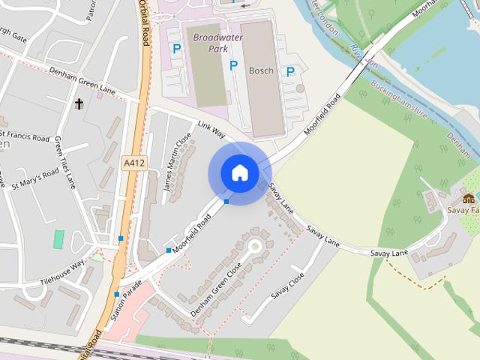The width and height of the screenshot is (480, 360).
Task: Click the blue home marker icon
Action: (x=239, y=173)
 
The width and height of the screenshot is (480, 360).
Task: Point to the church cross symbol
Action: (x=79, y=103)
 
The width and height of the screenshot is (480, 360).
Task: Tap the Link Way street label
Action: (x=211, y=128)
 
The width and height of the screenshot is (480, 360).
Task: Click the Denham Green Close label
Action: (x=216, y=289)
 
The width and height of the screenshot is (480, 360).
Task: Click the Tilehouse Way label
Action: (x=61, y=269)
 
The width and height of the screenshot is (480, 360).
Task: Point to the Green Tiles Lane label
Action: (x=66, y=162)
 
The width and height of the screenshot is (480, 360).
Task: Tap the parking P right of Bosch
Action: (x=289, y=72)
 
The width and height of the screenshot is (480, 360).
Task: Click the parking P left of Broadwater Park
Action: (x=177, y=49)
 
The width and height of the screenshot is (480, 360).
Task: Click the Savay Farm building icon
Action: (x=469, y=198)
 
